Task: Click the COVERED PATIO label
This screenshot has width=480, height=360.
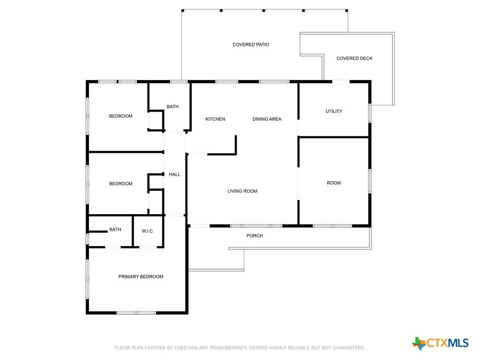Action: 251,45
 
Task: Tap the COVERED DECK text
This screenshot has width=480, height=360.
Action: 354,59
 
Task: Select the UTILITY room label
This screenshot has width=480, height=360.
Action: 334,112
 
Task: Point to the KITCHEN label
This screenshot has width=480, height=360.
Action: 215,119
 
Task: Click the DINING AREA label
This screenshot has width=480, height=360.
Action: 267,119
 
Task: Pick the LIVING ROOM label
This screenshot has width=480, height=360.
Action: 242,191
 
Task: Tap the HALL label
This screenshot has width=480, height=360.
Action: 174,174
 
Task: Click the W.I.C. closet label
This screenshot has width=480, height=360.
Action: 148,231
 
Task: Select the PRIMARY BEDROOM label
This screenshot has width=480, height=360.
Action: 141,277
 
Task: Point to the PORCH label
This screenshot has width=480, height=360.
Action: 255,236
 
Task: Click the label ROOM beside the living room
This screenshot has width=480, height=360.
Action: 334,183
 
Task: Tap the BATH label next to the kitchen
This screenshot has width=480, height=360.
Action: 172,106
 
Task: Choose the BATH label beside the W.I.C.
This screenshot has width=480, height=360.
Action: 115,230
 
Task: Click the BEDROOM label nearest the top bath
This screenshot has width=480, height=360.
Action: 121,116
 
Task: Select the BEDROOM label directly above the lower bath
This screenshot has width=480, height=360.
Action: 121,184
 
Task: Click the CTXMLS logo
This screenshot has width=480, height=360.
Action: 440,343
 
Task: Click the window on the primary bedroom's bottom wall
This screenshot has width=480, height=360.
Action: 136,313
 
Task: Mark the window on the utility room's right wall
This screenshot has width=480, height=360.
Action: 370,113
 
